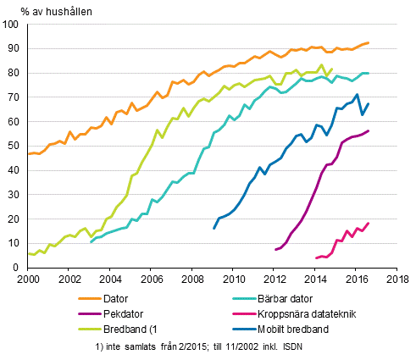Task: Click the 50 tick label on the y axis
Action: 16,146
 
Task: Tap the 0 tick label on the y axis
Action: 19,268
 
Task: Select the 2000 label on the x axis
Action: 28,279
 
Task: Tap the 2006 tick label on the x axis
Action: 151,279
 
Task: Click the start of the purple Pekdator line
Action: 275,249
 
